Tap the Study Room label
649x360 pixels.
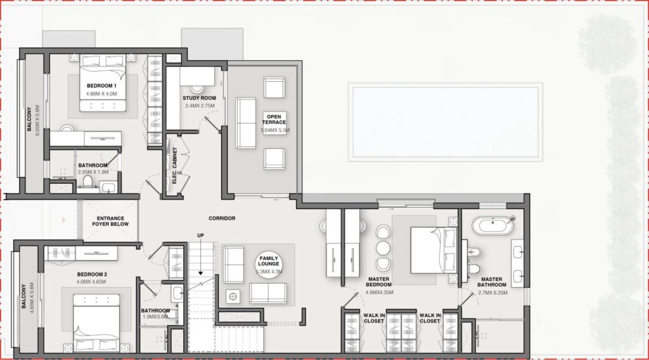[200, 98]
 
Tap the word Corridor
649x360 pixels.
[222, 218]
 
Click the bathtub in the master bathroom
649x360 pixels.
[493, 224]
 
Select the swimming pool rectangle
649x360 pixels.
[444, 122]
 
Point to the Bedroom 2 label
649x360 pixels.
[92, 274]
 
